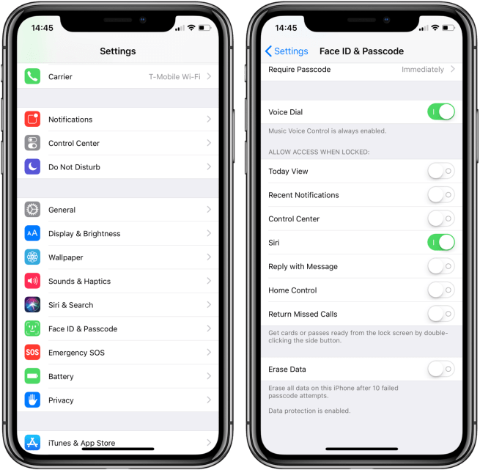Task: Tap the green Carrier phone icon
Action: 32,76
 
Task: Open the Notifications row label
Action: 70,120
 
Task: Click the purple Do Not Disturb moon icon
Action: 32,166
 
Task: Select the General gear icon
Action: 32,210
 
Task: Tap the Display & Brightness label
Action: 84,233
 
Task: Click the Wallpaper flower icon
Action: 32,257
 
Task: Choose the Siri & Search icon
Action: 32,305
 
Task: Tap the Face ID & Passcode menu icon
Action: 32,328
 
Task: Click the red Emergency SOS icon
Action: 32,353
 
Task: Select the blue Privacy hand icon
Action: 32,400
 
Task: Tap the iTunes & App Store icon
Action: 32,443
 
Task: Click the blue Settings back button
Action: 287,51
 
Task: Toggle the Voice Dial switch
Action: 441,112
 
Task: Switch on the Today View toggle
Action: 441,171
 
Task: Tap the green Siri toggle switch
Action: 441,243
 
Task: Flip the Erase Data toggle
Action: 441,369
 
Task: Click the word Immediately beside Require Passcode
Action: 423,70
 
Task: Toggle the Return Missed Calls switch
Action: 441,314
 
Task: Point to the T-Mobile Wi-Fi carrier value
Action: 174,76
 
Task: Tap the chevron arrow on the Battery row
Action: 209,376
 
